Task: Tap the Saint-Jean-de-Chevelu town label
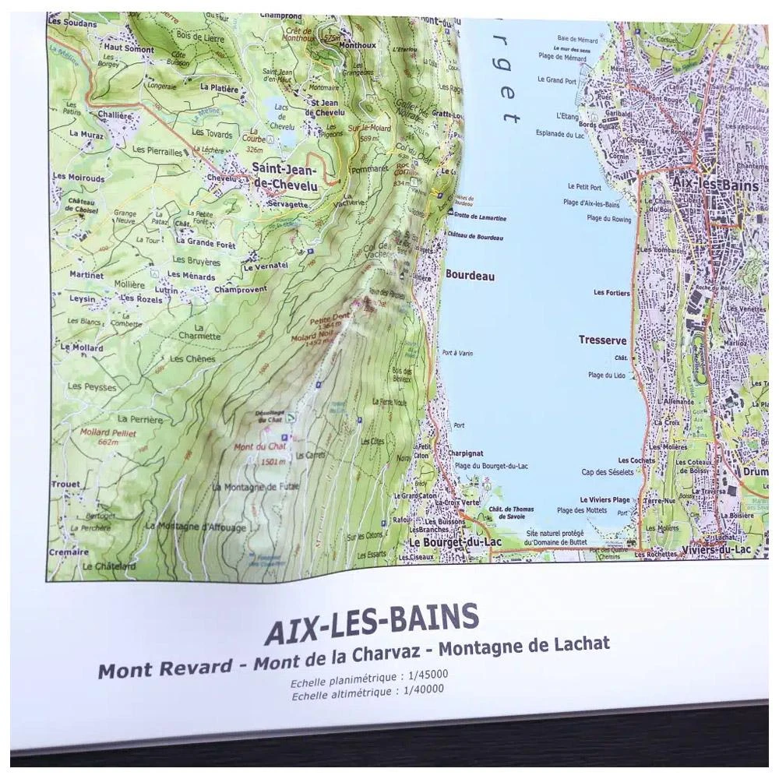284,175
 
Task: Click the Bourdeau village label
470,275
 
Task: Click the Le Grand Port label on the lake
560,80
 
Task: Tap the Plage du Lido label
607,375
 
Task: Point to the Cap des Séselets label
606,472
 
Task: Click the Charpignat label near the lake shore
466,453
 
